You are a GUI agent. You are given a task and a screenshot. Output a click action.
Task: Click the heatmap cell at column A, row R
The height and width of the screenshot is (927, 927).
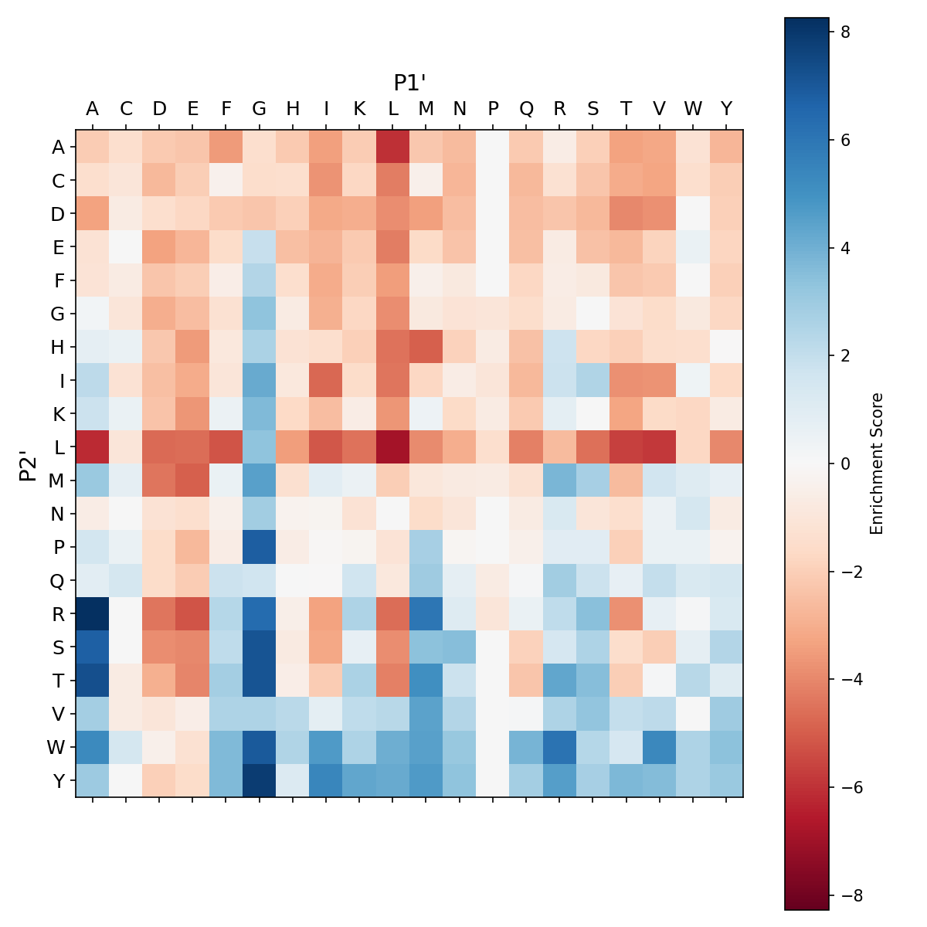click(93, 613)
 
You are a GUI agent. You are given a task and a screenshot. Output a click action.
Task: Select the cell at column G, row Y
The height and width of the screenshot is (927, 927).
click(260, 780)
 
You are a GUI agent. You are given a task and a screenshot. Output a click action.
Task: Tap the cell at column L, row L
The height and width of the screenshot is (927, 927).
click(393, 447)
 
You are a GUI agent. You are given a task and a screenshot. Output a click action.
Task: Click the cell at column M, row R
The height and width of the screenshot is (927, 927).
click(426, 613)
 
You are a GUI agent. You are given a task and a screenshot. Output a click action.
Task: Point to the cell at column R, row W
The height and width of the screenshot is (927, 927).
click(560, 747)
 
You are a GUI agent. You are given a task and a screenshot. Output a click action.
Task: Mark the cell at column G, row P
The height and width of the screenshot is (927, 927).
click(260, 547)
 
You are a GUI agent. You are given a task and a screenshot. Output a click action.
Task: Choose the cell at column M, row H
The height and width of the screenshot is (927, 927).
click(426, 347)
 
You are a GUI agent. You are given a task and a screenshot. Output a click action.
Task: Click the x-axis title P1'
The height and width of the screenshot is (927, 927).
click(410, 83)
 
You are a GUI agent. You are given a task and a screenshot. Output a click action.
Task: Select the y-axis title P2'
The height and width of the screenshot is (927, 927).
click(28, 464)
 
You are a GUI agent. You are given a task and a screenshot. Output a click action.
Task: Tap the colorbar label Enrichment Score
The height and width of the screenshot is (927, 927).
click(876, 463)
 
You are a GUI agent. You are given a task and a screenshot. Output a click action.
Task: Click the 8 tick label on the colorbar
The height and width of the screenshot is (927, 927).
click(846, 32)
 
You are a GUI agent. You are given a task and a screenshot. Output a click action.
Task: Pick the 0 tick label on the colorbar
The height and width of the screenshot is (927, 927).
click(846, 463)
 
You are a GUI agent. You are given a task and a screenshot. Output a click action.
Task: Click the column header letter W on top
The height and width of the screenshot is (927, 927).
click(694, 109)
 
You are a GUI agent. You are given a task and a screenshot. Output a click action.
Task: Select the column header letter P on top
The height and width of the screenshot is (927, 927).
click(494, 109)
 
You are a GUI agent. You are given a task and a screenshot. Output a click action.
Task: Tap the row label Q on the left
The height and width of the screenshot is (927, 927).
click(58, 580)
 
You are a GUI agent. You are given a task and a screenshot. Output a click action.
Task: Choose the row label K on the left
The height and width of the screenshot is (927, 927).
click(58, 413)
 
